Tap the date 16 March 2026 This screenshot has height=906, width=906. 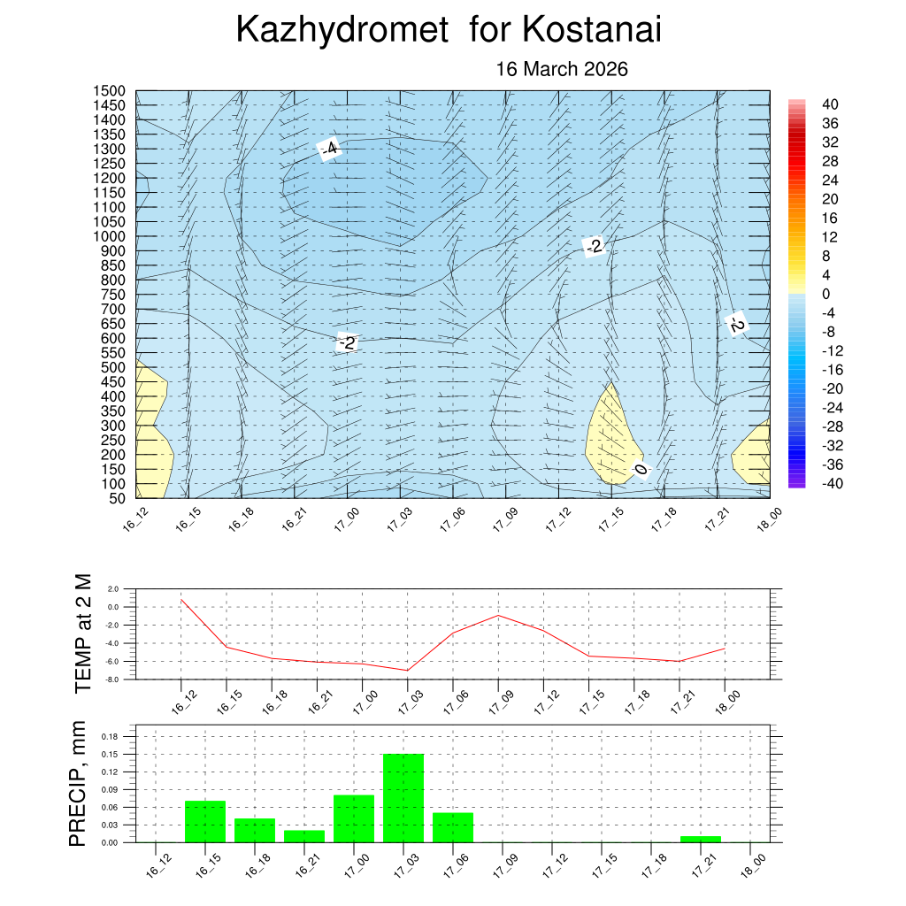tap(562, 69)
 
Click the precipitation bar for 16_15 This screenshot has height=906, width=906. tap(205, 821)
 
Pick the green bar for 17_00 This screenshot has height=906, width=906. tap(354, 818)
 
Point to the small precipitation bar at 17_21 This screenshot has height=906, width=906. tap(701, 839)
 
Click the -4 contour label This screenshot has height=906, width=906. tap(330, 149)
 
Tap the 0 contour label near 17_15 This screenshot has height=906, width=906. tap(641, 469)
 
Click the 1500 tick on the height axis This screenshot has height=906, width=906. tap(111, 91)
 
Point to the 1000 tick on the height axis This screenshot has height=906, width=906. tap(111, 236)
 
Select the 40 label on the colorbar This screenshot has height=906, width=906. tap(830, 104)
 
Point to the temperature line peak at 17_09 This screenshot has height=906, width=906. tap(498, 615)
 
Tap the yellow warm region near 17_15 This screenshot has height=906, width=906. tap(608, 438)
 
